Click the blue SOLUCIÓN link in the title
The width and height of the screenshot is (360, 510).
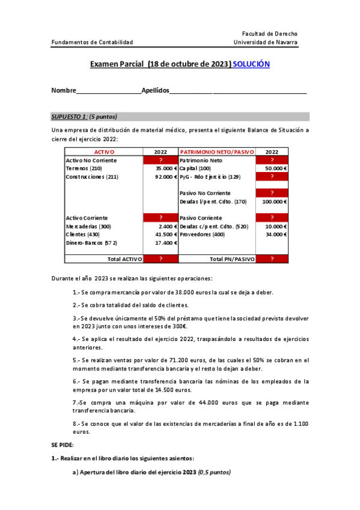(x=251, y=64)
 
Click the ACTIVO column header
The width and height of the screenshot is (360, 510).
(x=104, y=153)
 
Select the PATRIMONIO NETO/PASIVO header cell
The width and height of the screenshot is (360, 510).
(x=217, y=153)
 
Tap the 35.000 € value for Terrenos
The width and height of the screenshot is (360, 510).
(x=164, y=169)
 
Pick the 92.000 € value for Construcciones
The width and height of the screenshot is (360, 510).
(x=164, y=177)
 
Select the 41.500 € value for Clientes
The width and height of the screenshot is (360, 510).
(x=164, y=234)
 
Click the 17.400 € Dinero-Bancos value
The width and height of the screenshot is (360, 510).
(x=164, y=242)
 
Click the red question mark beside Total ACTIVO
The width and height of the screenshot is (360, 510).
(x=160, y=259)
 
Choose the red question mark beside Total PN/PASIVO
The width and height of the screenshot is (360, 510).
(x=272, y=259)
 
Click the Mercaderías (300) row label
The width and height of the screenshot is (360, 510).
(x=88, y=226)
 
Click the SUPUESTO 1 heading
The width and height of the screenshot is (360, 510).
(x=84, y=117)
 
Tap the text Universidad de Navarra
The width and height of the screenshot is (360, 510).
(x=265, y=43)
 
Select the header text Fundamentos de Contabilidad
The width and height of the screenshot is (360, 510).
(x=92, y=43)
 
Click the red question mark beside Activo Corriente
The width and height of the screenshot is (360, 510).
(x=160, y=218)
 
